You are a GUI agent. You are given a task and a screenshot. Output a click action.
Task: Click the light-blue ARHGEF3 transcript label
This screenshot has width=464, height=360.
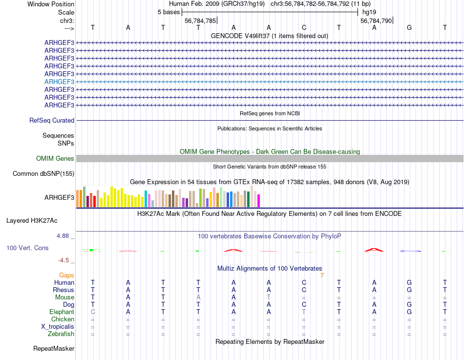click(59, 82)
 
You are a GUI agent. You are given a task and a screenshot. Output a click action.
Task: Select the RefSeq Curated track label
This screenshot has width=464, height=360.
click(52, 120)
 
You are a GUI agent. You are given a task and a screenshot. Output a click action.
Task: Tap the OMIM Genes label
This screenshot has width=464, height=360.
click(55, 158)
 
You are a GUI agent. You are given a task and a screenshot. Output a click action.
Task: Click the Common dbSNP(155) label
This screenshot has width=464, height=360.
click(43, 173)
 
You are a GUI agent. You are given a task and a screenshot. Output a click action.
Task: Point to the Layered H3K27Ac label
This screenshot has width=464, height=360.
click(40, 220)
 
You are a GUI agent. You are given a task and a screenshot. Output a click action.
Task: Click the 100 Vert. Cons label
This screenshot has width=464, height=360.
click(27, 248)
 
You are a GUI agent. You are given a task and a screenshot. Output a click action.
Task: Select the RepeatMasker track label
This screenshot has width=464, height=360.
click(54, 349)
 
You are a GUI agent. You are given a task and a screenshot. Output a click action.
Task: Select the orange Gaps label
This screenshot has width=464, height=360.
click(66, 275)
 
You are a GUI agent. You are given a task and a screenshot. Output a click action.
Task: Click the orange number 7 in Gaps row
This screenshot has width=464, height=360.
click(322, 275)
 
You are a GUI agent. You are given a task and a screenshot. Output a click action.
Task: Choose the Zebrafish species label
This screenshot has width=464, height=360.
click(61, 334)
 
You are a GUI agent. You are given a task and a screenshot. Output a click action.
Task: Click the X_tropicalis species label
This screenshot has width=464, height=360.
click(58, 327)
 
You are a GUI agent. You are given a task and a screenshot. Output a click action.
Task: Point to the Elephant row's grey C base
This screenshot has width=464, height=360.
click(93, 312)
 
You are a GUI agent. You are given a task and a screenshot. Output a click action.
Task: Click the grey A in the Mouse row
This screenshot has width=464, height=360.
click(198, 297)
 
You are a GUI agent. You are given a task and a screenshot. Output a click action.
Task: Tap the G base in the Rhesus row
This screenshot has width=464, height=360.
click(409, 290)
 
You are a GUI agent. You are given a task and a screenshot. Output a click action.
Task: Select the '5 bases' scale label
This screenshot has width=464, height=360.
click(169, 12)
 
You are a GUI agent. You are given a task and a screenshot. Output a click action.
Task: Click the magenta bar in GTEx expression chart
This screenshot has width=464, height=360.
click(259, 200)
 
